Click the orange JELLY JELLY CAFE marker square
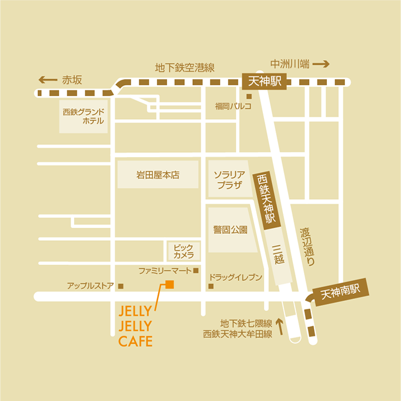(x=169, y=285)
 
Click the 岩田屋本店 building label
(x=158, y=175)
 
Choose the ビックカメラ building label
(x=183, y=251)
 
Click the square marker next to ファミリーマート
(x=195, y=271)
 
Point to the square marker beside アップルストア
(x=120, y=286)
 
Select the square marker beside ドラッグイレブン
(x=211, y=286)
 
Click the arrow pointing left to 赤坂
(x=47, y=80)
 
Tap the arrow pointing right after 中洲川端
(x=321, y=64)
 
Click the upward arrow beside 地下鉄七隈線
(x=280, y=326)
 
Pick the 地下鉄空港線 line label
(x=184, y=68)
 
